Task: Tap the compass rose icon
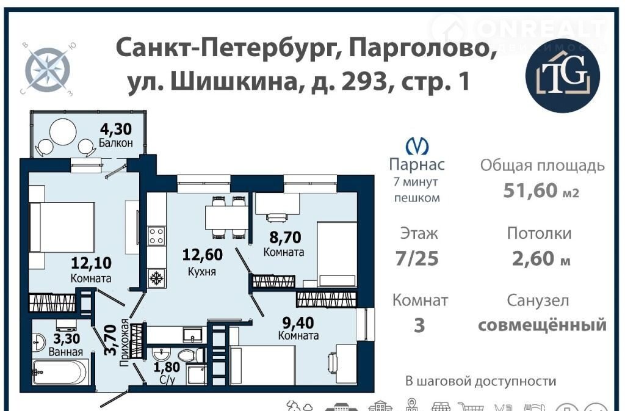tap(48, 69)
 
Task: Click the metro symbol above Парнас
tap(416, 147)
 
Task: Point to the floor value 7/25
tap(417, 259)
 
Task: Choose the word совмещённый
tap(542, 325)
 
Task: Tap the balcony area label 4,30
tap(115, 129)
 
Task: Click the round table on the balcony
tap(63, 131)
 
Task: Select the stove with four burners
tap(156, 236)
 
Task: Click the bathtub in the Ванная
tap(59, 372)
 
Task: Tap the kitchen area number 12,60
tap(202, 254)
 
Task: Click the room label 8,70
tap(285, 237)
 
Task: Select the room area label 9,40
tap(298, 322)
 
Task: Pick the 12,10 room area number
tap(92, 263)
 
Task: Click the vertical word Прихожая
tap(125, 343)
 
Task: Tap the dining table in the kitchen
tap(226, 217)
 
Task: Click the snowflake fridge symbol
tap(156, 277)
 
